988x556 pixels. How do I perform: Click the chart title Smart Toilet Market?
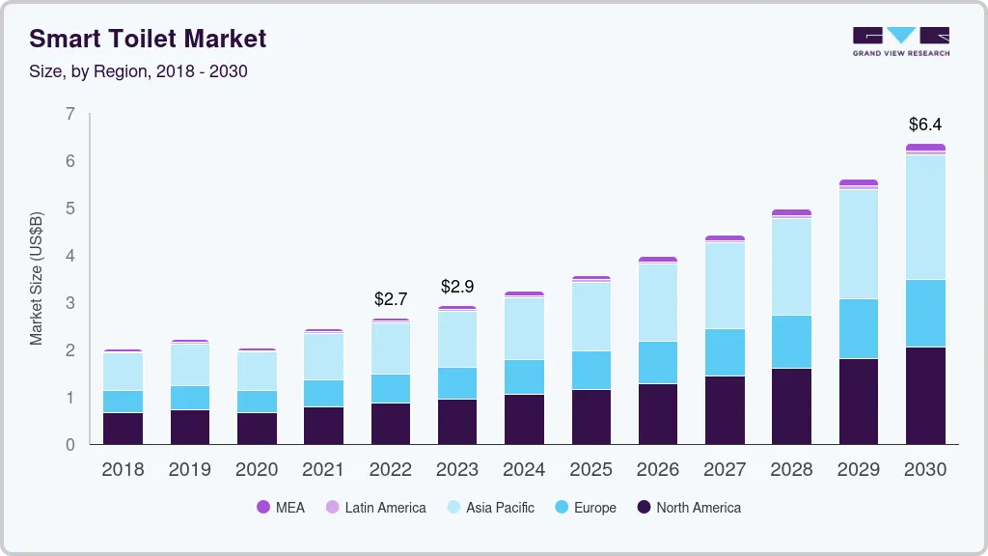[x=148, y=39]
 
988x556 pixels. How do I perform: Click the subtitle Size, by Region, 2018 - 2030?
[x=138, y=71]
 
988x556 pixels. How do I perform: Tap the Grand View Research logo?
[x=900, y=41]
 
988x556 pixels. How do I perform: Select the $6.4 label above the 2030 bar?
[x=924, y=125]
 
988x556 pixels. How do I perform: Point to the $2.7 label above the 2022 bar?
[x=391, y=299]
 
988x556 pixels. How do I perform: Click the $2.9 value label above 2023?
[x=457, y=287]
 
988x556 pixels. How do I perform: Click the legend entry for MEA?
[x=281, y=507]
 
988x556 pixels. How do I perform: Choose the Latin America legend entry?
[x=375, y=507]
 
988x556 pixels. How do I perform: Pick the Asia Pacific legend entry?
[x=489, y=507]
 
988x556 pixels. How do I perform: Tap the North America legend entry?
[x=688, y=507]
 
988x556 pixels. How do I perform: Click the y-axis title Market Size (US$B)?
[x=37, y=278]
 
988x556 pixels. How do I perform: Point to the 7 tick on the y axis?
[x=69, y=114]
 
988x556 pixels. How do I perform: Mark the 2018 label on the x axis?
[x=123, y=470]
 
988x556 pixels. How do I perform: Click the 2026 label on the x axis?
[x=657, y=470]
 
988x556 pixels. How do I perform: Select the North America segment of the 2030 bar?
[x=924, y=396]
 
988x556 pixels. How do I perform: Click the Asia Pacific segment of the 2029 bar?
[x=858, y=244]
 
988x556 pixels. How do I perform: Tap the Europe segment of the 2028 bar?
[x=791, y=342]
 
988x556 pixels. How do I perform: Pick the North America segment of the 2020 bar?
[x=257, y=429]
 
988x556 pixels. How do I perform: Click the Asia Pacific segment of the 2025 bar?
[x=590, y=317]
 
